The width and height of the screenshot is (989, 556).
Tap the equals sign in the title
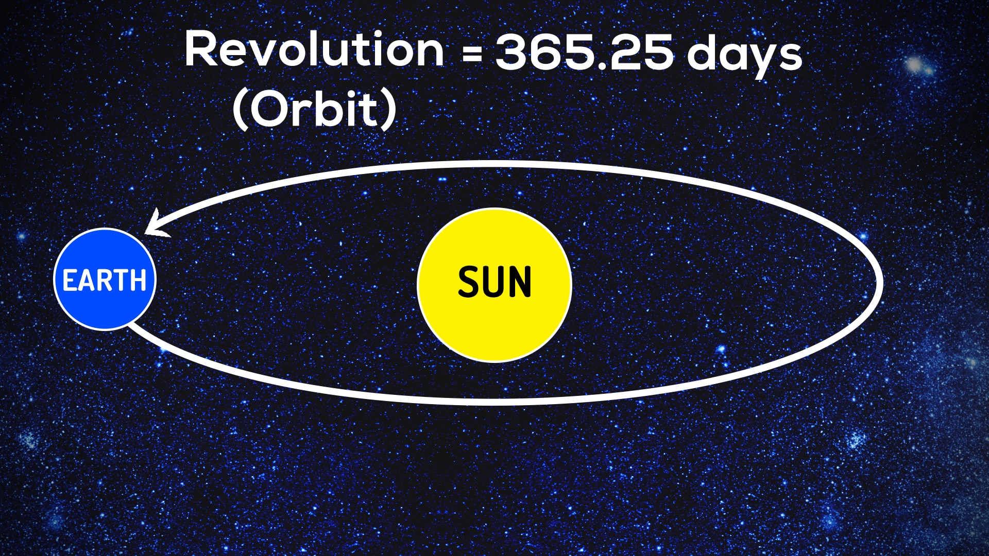point(472,54)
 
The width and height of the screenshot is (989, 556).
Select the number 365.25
point(584,51)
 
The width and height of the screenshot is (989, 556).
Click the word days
point(745,54)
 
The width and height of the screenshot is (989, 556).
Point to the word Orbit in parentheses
point(315,110)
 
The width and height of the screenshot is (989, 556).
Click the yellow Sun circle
point(494,285)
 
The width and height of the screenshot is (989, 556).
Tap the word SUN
point(494,282)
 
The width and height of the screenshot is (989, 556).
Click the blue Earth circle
point(105,279)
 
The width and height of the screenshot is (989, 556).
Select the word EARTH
point(105,281)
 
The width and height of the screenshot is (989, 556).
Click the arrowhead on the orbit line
point(156,225)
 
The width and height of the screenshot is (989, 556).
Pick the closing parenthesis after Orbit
point(390,110)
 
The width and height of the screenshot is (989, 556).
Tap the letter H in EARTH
point(138,281)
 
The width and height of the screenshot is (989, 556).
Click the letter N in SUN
point(519,282)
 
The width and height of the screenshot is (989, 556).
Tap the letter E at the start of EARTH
point(70,281)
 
